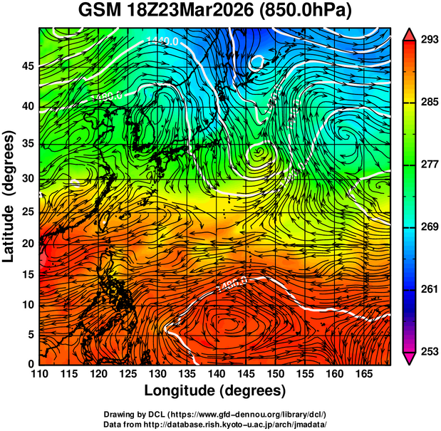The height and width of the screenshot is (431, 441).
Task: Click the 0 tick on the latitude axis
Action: (31, 365)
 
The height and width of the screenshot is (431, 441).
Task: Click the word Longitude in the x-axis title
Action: (182, 390)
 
